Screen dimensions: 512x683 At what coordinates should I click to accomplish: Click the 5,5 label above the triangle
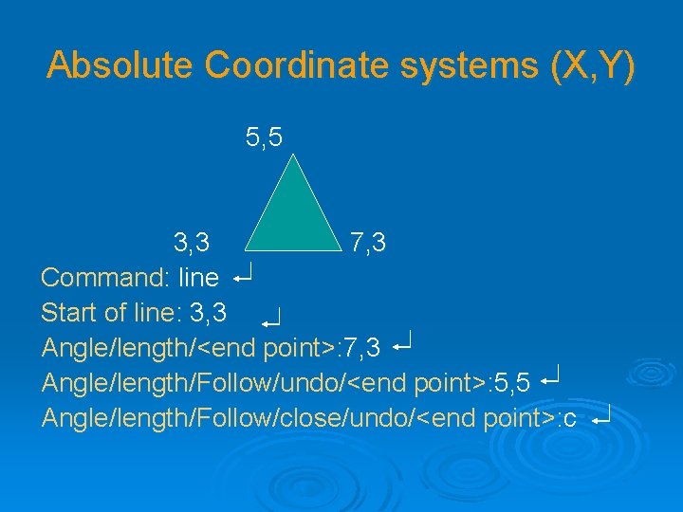point(264,138)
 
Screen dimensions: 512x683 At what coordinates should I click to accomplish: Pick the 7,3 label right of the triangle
point(367,244)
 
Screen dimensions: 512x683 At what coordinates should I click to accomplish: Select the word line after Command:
point(198,279)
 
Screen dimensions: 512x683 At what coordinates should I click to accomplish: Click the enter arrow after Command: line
point(242,277)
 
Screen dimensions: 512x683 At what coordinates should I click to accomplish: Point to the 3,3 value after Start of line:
point(209,313)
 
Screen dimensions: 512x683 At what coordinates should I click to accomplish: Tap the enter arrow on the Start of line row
point(272,318)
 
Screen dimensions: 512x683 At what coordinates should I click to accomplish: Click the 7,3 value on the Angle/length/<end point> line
point(362,348)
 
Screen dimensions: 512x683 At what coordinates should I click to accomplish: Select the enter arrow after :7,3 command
point(401,341)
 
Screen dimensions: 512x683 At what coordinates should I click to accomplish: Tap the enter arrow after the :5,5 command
point(550,376)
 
